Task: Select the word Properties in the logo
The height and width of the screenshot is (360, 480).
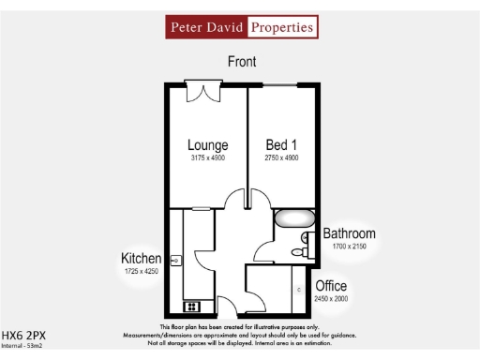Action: pos(282,28)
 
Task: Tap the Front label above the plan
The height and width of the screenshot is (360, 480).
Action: pos(242,62)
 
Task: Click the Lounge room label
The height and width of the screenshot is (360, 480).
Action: pos(207,145)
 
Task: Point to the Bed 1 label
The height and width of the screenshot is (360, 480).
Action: pos(282,145)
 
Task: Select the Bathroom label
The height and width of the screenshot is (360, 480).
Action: pos(349,233)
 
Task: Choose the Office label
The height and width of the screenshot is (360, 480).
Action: pos(331,285)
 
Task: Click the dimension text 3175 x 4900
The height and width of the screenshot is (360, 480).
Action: pos(207,159)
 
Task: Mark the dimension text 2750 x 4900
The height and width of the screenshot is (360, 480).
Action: pos(282,159)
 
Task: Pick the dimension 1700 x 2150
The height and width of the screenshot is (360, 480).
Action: pos(349,247)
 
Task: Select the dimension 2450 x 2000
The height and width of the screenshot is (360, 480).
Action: pos(331,298)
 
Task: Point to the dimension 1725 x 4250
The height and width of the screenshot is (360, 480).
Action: pos(142,271)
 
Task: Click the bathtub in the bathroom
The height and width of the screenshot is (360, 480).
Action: pos(294,221)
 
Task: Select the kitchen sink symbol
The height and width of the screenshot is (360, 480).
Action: pos(175,259)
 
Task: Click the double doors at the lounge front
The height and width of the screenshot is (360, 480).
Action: pos(203,91)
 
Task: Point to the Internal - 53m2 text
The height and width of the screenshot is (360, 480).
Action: pos(22,346)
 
